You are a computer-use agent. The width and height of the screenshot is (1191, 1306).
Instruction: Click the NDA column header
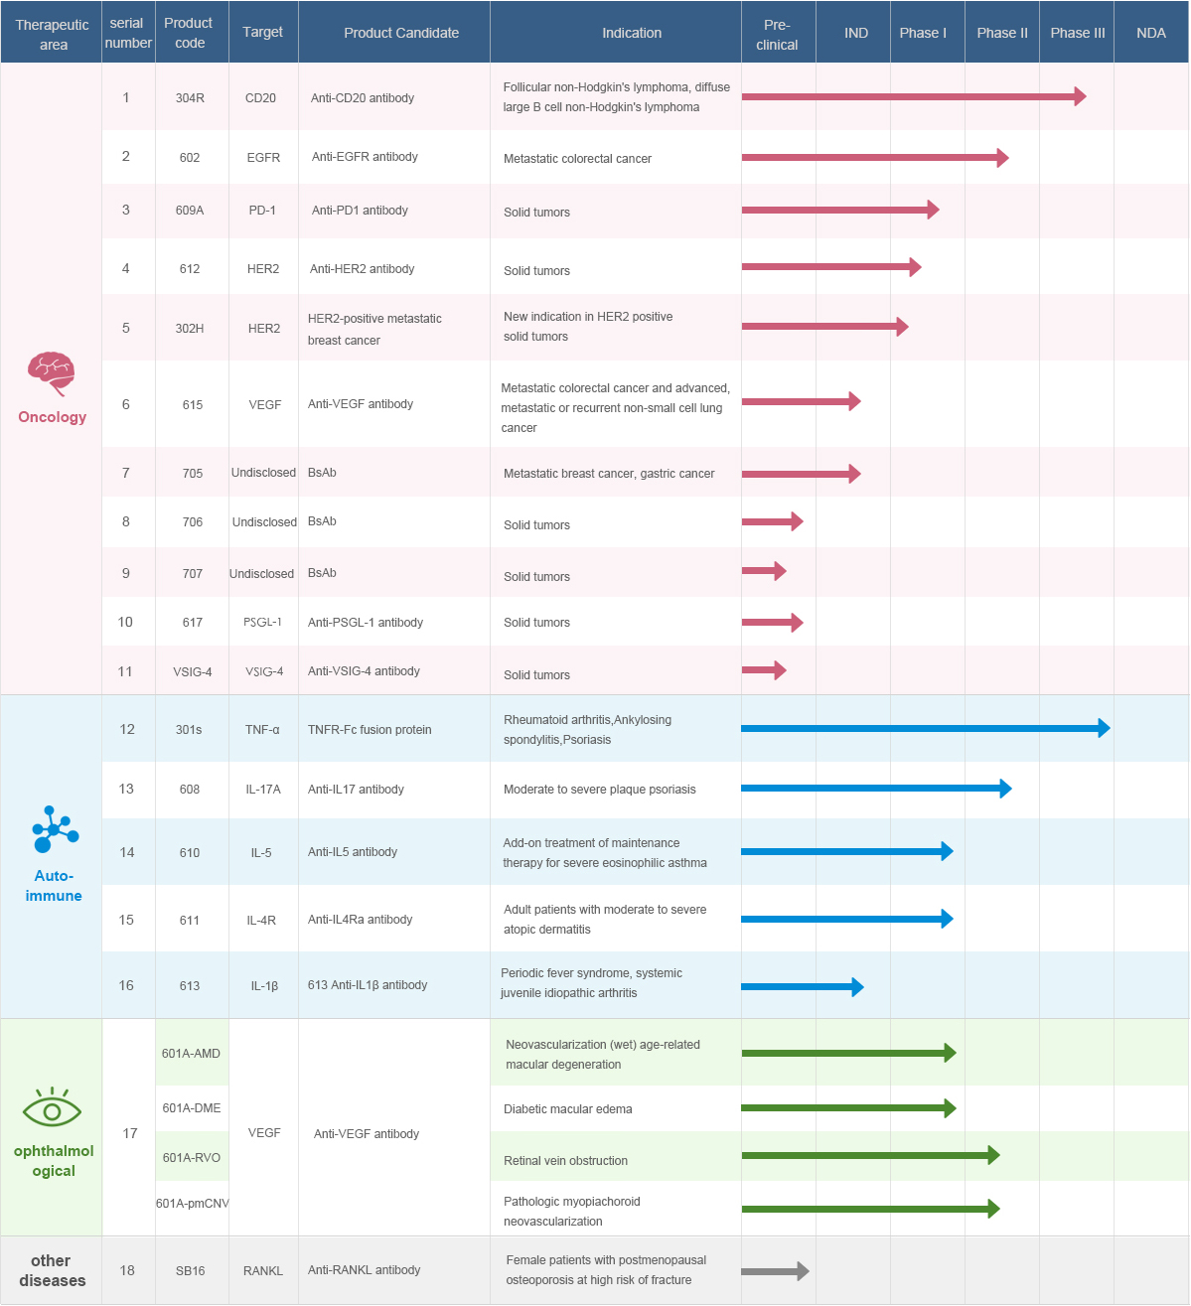[x=1151, y=33]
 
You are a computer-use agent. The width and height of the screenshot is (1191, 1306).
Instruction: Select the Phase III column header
[x=1077, y=33]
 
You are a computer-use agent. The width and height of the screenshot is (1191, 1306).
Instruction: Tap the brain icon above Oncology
[x=52, y=373]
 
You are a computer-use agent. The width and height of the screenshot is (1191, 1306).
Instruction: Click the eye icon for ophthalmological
[x=52, y=1106]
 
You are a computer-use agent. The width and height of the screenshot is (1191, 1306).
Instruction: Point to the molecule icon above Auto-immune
[x=54, y=829]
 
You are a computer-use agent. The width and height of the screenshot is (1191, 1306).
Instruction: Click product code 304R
[x=190, y=98]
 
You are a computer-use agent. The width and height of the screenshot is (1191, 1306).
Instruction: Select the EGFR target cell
[x=263, y=157]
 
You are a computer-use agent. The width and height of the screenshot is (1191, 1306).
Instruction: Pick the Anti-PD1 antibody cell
[x=360, y=211]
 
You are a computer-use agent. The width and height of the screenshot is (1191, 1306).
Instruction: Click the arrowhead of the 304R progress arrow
[x=1080, y=96]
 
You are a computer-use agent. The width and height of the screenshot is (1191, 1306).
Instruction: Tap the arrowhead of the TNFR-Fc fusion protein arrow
[x=1104, y=728]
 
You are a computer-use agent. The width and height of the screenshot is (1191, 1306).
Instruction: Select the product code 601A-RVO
[x=192, y=1158]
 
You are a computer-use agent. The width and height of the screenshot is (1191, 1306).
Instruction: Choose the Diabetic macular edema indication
[x=567, y=1109]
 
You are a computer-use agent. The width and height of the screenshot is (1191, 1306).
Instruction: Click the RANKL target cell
[x=263, y=1270]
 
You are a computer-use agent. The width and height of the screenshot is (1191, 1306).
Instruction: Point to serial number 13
[x=126, y=789]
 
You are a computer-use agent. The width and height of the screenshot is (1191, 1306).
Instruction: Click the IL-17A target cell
[x=263, y=790]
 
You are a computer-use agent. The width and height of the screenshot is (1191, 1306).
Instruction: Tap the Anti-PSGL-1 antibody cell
[x=366, y=623]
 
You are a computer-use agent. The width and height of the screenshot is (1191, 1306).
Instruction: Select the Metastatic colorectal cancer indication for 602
[x=577, y=159]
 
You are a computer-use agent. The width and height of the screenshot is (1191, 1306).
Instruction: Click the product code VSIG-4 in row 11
[x=193, y=672]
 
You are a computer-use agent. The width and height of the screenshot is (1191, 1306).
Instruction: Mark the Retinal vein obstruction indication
[x=565, y=1161]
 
